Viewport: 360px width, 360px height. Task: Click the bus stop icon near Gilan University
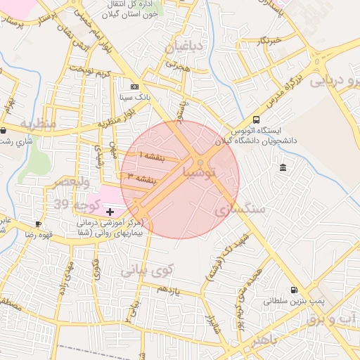click(255, 120)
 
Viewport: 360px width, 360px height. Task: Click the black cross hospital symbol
click(110, 212)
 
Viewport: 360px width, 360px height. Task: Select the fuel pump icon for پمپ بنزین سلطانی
click(293, 290)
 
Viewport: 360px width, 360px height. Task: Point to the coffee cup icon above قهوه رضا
click(38, 224)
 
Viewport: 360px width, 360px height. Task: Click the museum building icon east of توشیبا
click(283, 167)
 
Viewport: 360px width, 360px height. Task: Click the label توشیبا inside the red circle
click(201, 172)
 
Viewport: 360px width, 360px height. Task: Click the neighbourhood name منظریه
click(37, 124)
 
